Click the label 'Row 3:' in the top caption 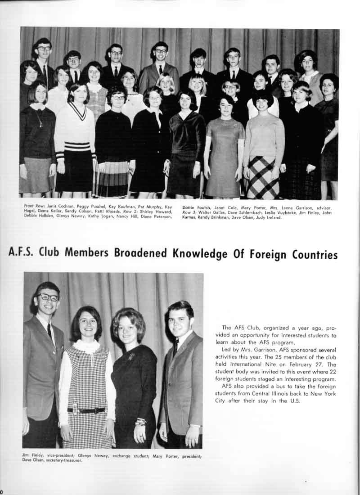[x=190, y=212]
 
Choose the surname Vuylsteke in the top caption [x=279, y=212]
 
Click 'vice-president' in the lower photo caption [x=58, y=455]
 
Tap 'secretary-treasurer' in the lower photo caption [x=63, y=460]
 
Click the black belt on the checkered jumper [x=86, y=410]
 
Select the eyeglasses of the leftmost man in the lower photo [x=48, y=297]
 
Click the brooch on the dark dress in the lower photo [x=132, y=357]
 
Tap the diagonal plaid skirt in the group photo [x=263, y=178]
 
